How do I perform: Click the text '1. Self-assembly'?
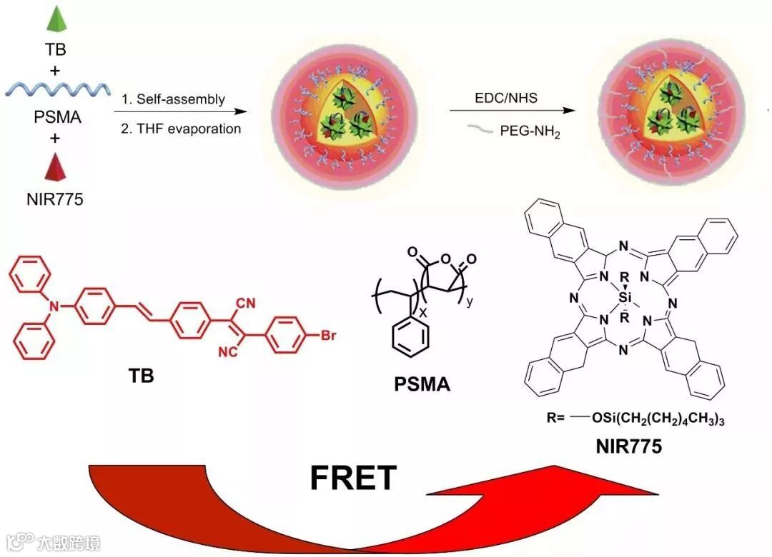tap(172, 99)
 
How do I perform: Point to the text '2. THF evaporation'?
tap(180, 129)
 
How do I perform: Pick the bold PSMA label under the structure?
tap(422, 386)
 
